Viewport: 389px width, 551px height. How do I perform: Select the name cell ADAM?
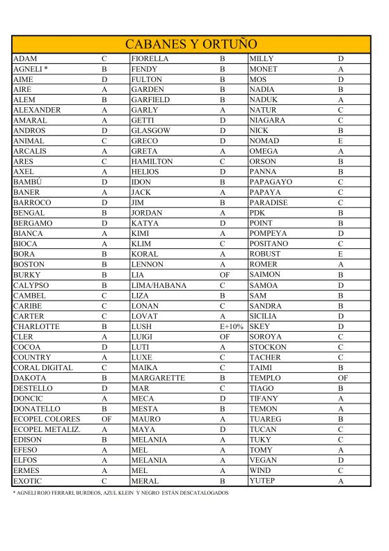pos(25,59)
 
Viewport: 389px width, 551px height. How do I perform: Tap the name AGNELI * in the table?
pos(30,70)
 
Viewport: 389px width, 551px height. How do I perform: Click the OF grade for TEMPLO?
pos(342,378)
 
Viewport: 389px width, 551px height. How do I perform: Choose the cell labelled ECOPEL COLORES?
pos(47,419)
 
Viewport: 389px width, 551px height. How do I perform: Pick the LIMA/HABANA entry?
pos(159,285)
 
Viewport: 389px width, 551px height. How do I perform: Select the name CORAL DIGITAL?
pos(42,367)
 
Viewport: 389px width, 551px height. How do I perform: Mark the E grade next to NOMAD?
pos(342,141)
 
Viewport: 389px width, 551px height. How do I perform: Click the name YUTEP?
pos(263,481)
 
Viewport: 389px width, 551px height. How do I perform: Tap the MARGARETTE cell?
pos(158,378)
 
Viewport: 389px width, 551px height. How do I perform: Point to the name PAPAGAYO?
pos(271,182)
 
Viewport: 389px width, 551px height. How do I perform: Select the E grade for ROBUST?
pos(342,255)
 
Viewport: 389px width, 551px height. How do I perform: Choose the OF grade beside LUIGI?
pos(224,337)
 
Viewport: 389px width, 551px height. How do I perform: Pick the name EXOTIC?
pos(29,481)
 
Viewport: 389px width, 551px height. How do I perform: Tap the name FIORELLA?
pos(150,59)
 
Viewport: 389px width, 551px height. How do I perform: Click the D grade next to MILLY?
pos(342,59)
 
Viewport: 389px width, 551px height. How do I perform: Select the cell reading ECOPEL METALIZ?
pos(47,429)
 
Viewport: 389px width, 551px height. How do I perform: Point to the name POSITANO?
pos(269,244)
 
